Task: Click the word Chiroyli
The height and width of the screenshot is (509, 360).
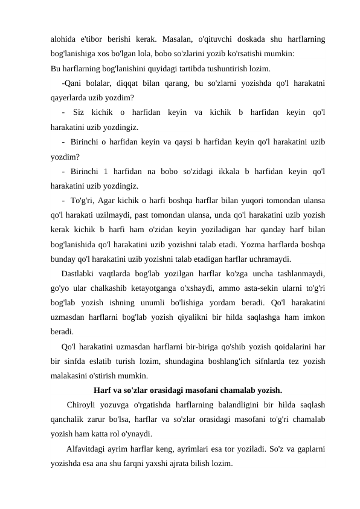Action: click(x=83, y=404)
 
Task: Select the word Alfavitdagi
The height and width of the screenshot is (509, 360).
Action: click(x=88, y=448)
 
